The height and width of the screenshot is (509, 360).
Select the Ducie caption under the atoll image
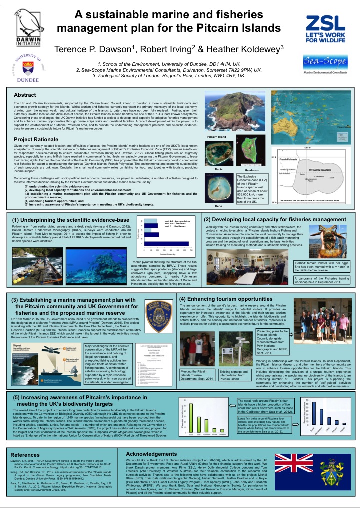point(218,170)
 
